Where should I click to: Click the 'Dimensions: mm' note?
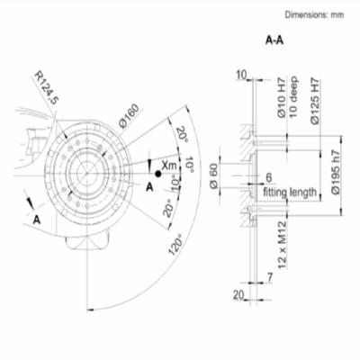click(314, 14)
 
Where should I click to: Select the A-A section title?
click(274, 40)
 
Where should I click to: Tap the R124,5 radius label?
click(46, 87)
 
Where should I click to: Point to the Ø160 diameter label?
click(130, 116)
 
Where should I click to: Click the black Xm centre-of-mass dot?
click(157, 174)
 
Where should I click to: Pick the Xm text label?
click(169, 165)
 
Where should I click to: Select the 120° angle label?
click(175, 247)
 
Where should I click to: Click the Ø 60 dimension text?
click(213, 176)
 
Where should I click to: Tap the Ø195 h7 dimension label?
click(336, 172)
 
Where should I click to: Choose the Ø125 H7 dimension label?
click(315, 102)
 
